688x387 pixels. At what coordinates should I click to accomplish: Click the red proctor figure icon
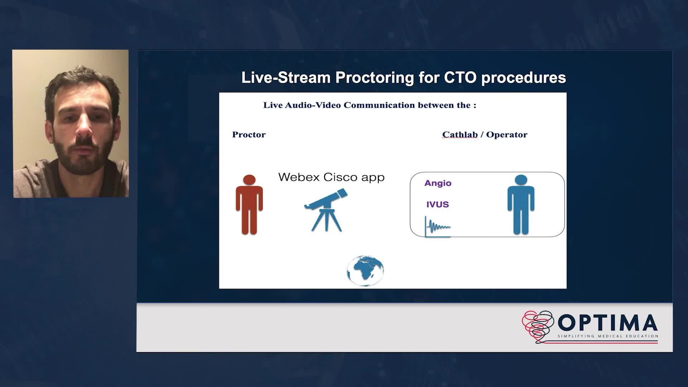coord(249,205)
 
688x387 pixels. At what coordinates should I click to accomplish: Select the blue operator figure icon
coord(521,205)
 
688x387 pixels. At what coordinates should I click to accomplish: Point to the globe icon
coord(365,271)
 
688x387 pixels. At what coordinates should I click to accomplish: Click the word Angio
coord(438,183)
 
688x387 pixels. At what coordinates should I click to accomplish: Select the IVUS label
coord(438,204)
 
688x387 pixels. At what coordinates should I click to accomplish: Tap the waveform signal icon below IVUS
coord(438,226)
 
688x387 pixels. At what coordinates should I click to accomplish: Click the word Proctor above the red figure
coord(249,134)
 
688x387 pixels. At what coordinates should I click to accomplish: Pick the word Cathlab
coord(460,134)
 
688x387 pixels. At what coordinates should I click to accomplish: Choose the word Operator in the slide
coord(507,135)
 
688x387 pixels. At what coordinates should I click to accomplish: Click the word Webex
coord(300,177)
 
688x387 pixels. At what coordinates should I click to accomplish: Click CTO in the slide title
coord(460,77)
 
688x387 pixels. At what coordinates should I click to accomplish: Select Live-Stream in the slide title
coord(286,77)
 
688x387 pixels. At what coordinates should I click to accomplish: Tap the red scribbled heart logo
coord(537,326)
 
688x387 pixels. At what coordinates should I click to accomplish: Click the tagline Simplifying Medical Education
coord(608,336)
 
